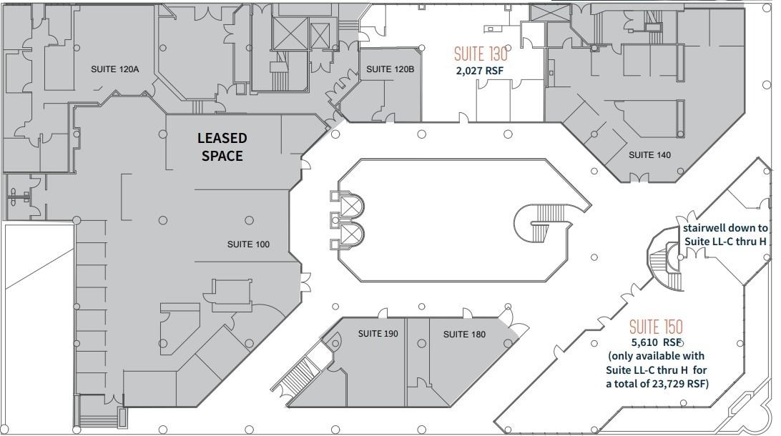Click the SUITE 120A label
(x=114, y=69)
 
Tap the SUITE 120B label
(x=390, y=69)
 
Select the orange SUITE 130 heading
(x=481, y=54)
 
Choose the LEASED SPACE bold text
(x=222, y=147)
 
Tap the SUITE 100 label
(x=248, y=244)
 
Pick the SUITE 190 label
(x=378, y=333)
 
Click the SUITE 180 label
(x=464, y=334)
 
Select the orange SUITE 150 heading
(x=656, y=327)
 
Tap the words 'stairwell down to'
(x=724, y=229)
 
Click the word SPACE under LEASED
(x=222, y=156)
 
